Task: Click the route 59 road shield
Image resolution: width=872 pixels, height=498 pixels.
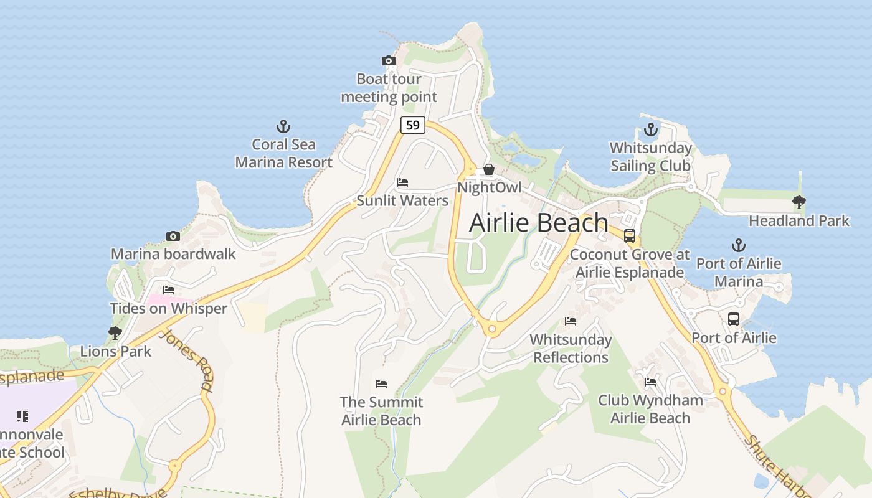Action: (412, 125)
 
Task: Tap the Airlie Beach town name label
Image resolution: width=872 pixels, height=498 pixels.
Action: (539, 223)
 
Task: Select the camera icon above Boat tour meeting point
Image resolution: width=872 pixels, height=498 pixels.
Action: (389, 60)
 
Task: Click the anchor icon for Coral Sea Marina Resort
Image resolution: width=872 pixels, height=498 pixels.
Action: (283, 127)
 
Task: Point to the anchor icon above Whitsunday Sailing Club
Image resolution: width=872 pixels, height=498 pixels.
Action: (651, 130)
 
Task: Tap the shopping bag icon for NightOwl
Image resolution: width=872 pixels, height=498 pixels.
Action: (489, 169)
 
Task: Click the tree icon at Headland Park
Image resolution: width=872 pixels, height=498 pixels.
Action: (799, 202)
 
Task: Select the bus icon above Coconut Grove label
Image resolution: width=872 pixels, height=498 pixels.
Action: (630, 236)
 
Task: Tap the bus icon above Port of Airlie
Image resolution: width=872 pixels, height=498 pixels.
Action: (734, 319)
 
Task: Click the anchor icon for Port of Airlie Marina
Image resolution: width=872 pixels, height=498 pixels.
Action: (738, 245)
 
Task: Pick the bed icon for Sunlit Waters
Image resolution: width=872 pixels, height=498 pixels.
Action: (402, 182)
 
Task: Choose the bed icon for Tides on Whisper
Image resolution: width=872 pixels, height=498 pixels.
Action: (168, 290)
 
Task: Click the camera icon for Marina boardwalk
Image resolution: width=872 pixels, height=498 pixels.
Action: (173, 236)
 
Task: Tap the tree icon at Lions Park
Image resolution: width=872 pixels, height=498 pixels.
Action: (115, 333)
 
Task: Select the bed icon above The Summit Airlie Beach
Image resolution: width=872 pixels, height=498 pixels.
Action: (381, 384)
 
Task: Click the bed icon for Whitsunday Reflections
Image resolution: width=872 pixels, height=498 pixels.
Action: (571, 321)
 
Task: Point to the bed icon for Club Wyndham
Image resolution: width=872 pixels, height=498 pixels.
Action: (650, 382)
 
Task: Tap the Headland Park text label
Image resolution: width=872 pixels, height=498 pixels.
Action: (799, 221)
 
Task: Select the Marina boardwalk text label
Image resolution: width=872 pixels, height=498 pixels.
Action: (173, 254)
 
